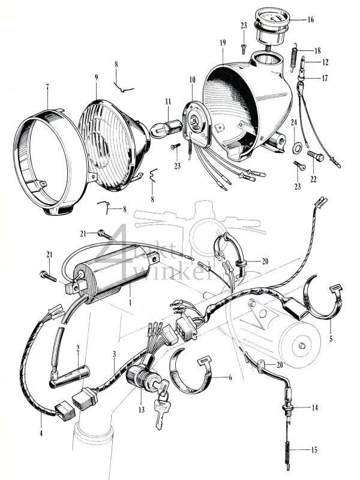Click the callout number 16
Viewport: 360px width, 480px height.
coord(310,19)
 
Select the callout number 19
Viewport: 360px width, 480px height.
coord(222,44)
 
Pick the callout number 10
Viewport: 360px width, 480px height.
coord(192,80)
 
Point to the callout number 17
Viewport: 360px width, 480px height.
coord(326,77)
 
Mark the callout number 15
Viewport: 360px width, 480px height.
coord(315,449)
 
